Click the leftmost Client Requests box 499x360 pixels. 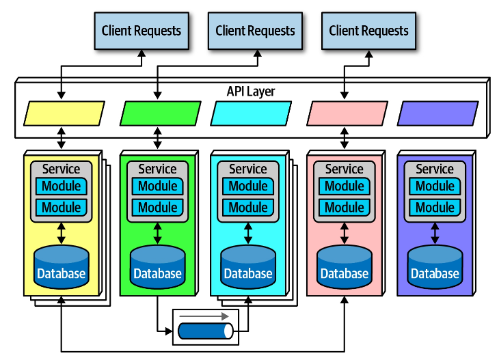point(141,31)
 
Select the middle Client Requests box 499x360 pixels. point(255,31)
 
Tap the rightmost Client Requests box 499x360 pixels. point(368,31)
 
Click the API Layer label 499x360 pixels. point(251,92)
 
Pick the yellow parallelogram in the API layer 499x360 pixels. point(64,113)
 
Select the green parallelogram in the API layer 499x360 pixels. point(161,113)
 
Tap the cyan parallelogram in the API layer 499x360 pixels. point(251,113)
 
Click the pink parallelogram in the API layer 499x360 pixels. point(347,113)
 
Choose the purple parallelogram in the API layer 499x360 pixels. point(437,113)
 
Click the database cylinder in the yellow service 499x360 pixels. point(62,267)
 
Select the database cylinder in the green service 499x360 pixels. point(158,267)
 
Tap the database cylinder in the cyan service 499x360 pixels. point(248,267)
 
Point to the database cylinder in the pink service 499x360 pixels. point(345,267)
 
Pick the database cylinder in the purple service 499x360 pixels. point(435,267)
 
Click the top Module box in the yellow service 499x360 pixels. point(62,186)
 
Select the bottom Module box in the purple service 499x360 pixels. point(435,207)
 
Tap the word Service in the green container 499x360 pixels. point(157,169)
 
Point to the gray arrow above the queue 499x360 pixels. point(206,316)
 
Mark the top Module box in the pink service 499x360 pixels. point(345,186)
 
